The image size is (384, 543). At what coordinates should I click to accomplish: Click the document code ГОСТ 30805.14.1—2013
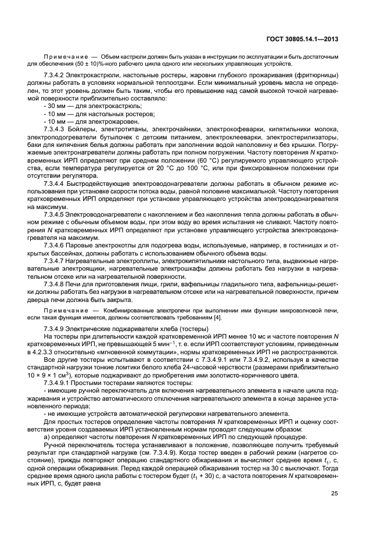[303, 39]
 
